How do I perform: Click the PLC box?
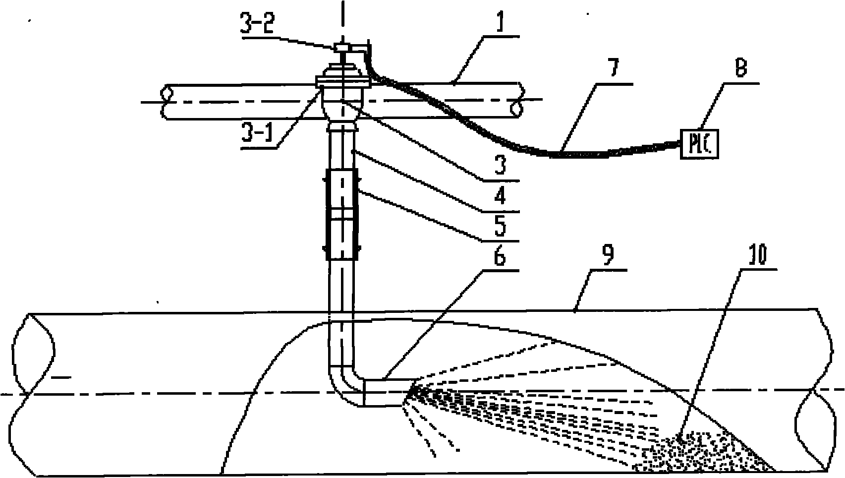tap(700, 144)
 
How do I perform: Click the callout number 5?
tap(500, 226)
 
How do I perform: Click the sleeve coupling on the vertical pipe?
tap(340, 213)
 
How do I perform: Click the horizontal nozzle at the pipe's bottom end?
tap(384, 393)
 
